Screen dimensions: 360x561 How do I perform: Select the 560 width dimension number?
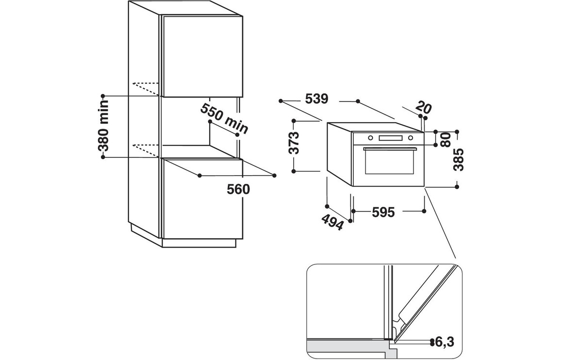point(238,189)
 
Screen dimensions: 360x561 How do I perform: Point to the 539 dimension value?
point(317,99)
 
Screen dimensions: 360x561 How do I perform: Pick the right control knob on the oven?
point(411,138)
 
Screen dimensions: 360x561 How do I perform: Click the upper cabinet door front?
point(201,56)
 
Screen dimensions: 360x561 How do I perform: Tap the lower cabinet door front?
point(201,199)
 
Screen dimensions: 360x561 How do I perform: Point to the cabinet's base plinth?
point(201,243)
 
